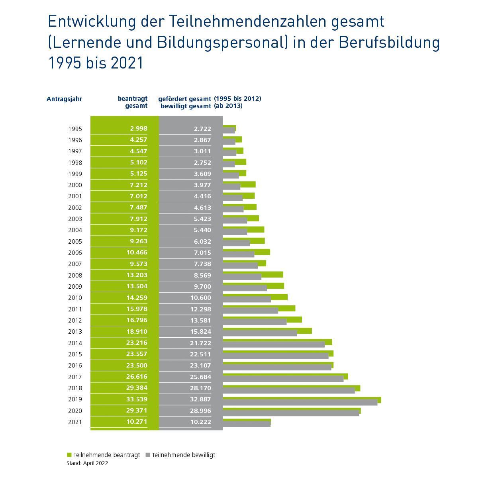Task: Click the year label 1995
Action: [x=75, y=129]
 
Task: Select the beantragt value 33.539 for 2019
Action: [x=137, y=399]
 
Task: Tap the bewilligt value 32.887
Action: [x=200, y=399]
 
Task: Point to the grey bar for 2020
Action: [x=291, y=413]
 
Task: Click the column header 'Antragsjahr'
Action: [x=64, y=99]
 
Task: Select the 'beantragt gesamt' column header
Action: [x=132, y=102]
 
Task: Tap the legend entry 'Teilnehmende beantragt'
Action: [x=103, y=455]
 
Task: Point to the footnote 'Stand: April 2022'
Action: [x=87, y=463]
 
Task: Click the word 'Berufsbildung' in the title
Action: [x=389, y=42]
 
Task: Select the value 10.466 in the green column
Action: [x=137, y=252]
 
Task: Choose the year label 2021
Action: [x=75, y=422]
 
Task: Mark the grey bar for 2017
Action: [x=283, y=379]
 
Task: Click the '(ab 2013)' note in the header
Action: [x=228, y=106]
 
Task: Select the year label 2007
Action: [x=75, y=264]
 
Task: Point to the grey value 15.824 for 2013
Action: [x=200, y=331]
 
